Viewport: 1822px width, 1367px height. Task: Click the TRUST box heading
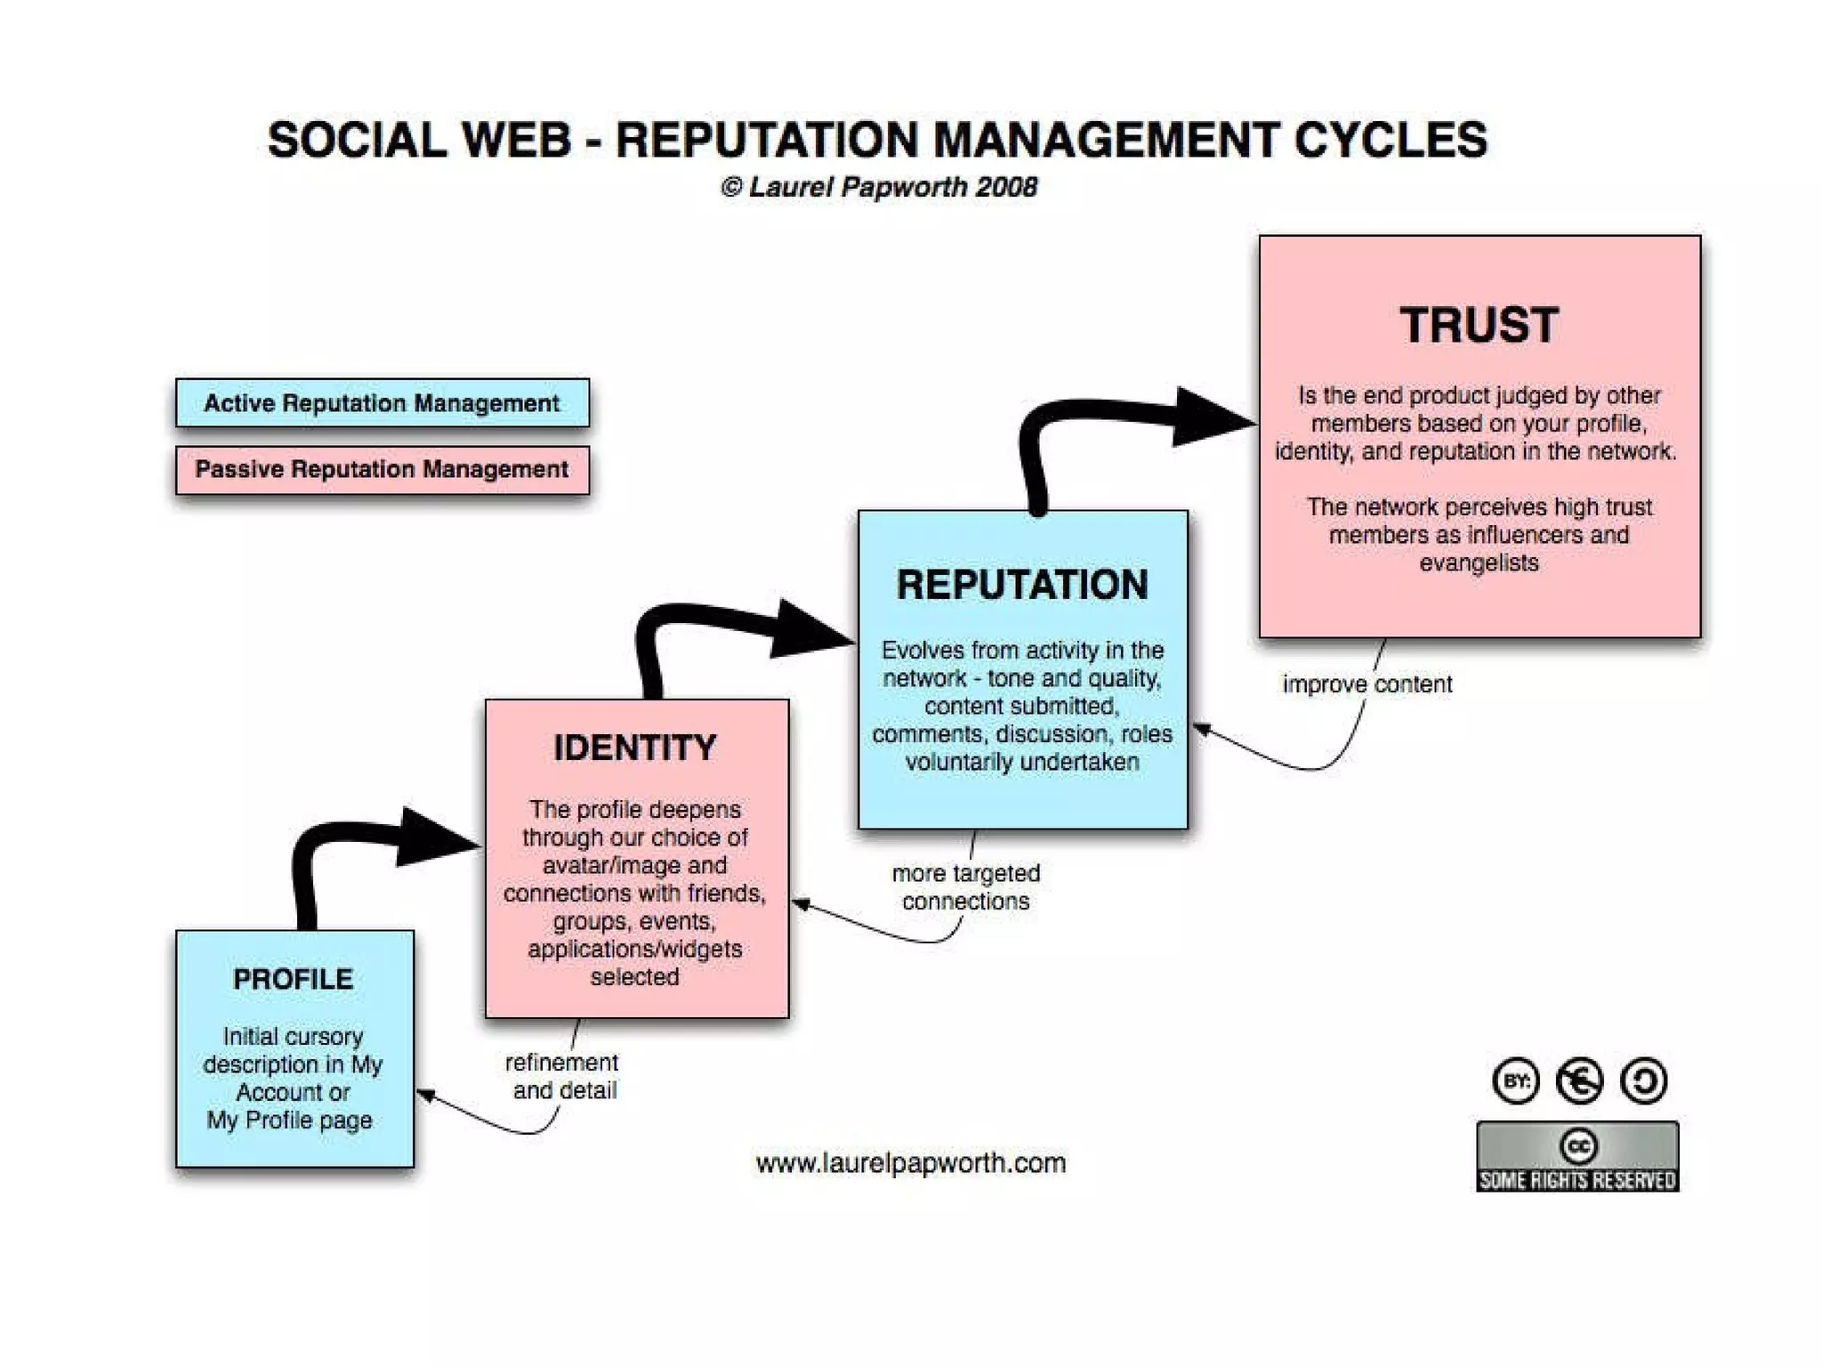1479,326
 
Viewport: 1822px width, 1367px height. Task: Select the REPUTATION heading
1022,586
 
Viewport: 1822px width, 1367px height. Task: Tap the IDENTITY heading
635,748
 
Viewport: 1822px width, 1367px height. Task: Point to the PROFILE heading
293,980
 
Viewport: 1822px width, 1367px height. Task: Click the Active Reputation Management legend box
382,403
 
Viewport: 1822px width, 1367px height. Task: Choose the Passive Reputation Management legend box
382,470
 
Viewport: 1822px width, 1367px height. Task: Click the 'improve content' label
1366,684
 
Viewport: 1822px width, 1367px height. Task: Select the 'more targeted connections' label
965,887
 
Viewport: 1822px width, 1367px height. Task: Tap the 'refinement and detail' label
562,1076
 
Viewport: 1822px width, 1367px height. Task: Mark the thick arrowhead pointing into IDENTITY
433,837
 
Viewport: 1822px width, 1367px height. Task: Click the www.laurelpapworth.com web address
910,1163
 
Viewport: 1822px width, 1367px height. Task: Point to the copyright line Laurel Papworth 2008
879,188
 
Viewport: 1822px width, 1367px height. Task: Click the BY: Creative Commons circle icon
1515,1081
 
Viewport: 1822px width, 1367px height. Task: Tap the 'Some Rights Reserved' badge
1577,1157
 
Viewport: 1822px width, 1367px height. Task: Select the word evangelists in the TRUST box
1479,563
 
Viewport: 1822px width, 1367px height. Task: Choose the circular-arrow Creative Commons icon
1643,1081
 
